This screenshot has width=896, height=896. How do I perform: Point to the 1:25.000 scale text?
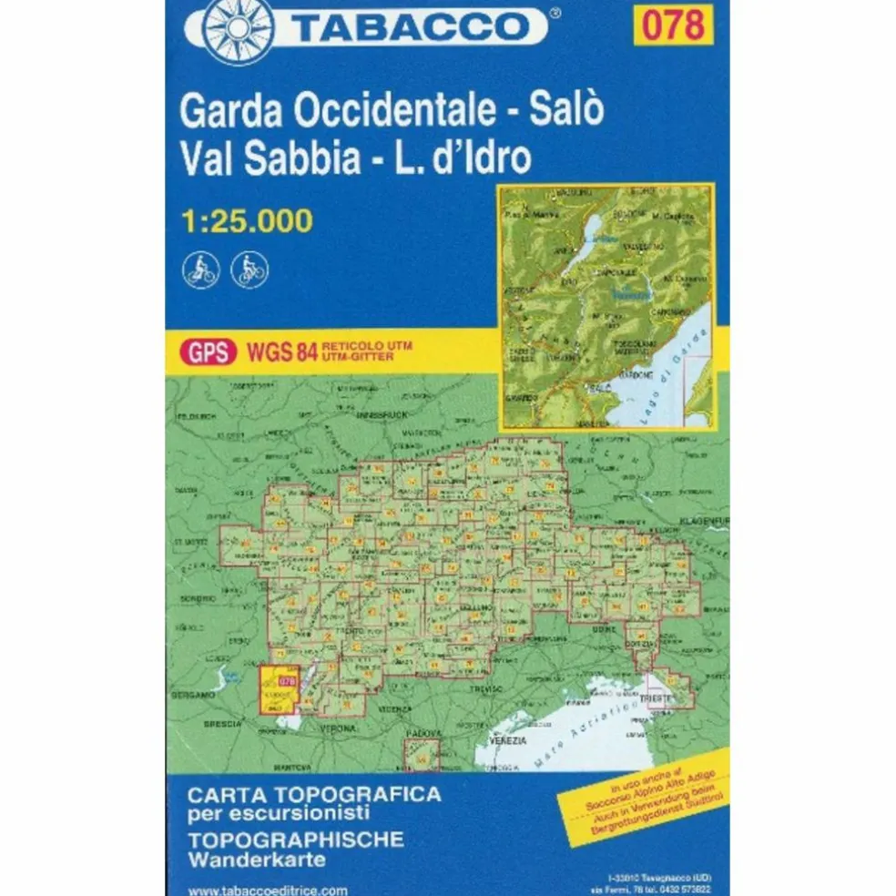tap(247, 219)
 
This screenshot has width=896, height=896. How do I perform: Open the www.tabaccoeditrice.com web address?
tap(256, 889)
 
